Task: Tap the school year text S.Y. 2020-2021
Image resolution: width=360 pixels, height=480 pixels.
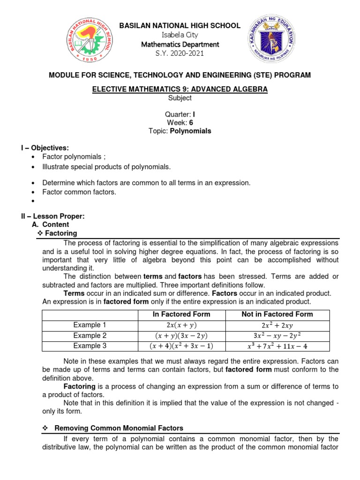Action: (x=180, y=53)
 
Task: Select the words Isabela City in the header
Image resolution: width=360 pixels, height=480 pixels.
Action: (x=180, y=35)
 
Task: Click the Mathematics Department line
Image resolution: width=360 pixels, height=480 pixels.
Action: (x=180, y=44)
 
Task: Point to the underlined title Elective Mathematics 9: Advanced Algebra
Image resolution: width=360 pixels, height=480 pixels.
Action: (x=180, y=89)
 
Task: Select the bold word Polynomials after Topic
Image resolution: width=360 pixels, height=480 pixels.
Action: (x=192, y=131)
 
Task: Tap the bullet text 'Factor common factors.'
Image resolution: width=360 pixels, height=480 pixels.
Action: (x=79, y=192)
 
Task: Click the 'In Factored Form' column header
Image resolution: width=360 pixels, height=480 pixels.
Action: (x=181, y=314)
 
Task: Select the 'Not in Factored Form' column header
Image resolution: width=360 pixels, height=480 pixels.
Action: (x=277, y=314)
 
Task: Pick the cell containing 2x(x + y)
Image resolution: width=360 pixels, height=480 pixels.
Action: (x=181, y=325)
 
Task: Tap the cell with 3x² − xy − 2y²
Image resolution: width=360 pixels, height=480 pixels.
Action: (x=277, y=336)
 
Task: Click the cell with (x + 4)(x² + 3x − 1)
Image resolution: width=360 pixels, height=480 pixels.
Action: (x=181, y=346)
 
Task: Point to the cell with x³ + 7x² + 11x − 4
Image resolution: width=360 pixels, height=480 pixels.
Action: (x=277, y=347)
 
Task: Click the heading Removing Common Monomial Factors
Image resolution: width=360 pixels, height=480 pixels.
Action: (x=119, y=428)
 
